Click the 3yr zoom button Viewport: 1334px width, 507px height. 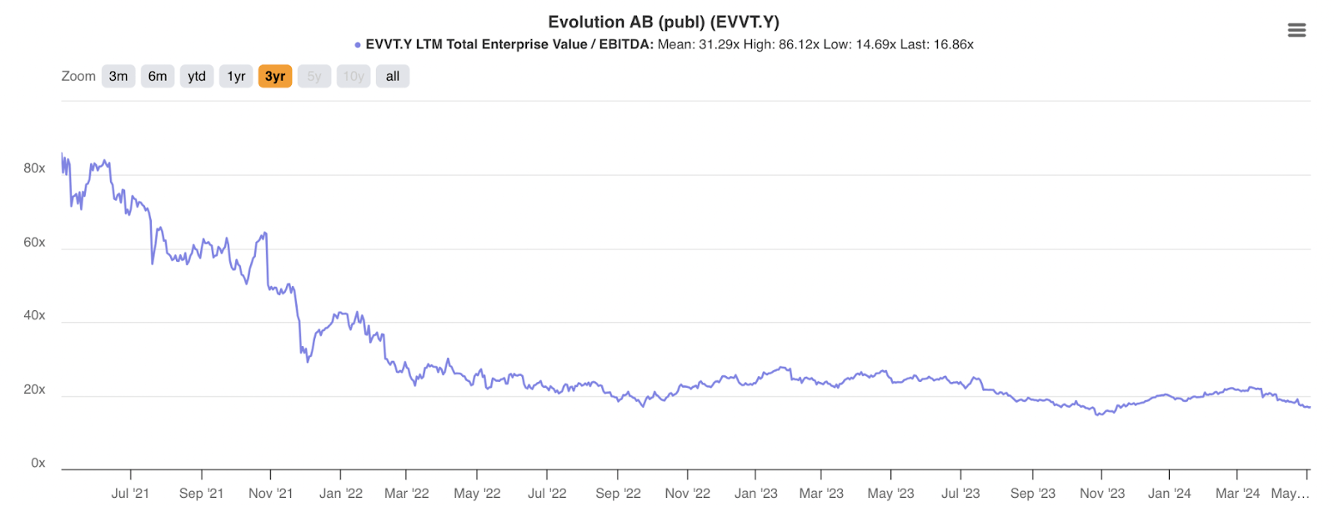point(275,76)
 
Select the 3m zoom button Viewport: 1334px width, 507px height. point(118,76)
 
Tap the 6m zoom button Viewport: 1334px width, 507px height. point(158,76)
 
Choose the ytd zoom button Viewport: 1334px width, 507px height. point(197,76)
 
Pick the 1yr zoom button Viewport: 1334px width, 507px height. point(236,76)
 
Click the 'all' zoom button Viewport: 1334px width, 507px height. point(393,76)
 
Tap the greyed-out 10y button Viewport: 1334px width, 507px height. point(354,76)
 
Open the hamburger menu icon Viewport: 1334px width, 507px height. point(1296,30)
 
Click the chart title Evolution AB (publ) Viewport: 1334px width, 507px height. point(663,22)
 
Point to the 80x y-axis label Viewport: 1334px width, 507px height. point(34,168)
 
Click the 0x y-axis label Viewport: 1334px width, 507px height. point(38,463)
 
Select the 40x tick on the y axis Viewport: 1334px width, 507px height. point(34,315)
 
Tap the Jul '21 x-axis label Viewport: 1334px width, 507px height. point(130,493)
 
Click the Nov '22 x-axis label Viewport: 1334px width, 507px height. point(687,493)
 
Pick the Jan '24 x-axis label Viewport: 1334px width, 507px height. point(1169,493)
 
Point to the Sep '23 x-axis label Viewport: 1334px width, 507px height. point(1032,493)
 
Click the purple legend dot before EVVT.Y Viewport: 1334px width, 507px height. point(358,45)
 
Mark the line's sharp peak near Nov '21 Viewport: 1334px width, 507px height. point(265,233)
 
